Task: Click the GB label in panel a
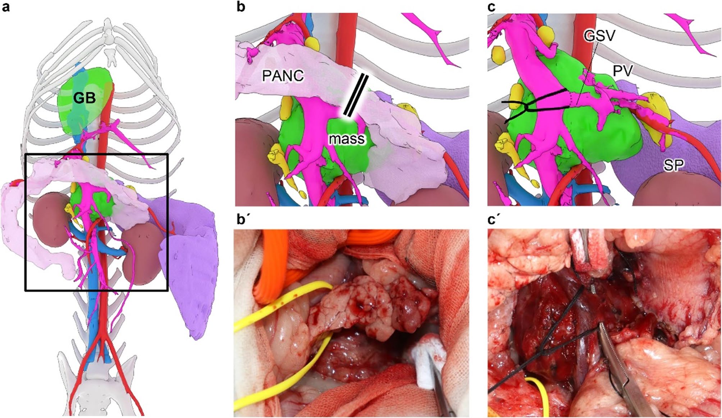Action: point(84,98)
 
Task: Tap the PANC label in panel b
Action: point(283,76)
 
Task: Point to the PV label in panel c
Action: point(623,71)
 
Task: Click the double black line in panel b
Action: point(356,96)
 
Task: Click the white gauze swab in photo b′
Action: point(428,359)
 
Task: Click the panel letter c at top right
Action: point(492,7)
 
